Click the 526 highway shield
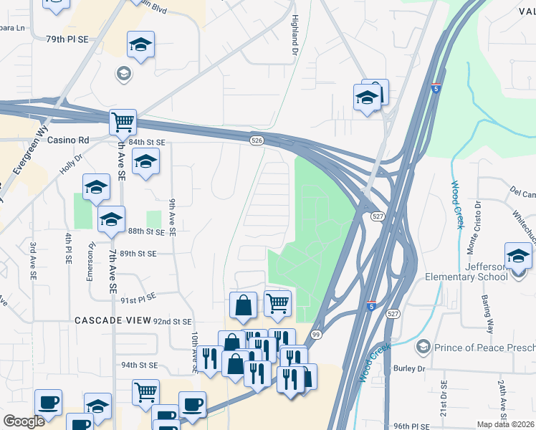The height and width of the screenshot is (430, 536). pyautogui.click(x=256, y=141)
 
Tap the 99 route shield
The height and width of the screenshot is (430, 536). pyautogui.click(x=316, y=335)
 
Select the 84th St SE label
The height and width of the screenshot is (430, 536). pyautogui.click(x=147, y=143)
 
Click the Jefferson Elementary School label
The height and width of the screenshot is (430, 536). pyautogui.click(x=496, y=272)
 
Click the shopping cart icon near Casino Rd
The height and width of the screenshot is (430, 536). pyautogui.click(x=123, y=122)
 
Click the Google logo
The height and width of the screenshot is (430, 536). pyautogui.click(x=24, y=421)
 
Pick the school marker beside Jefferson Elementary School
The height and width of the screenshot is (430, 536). pyautogui.click(x=518, y=256)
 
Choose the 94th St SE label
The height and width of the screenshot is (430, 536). pyautogui.click(x=138, y=365)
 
